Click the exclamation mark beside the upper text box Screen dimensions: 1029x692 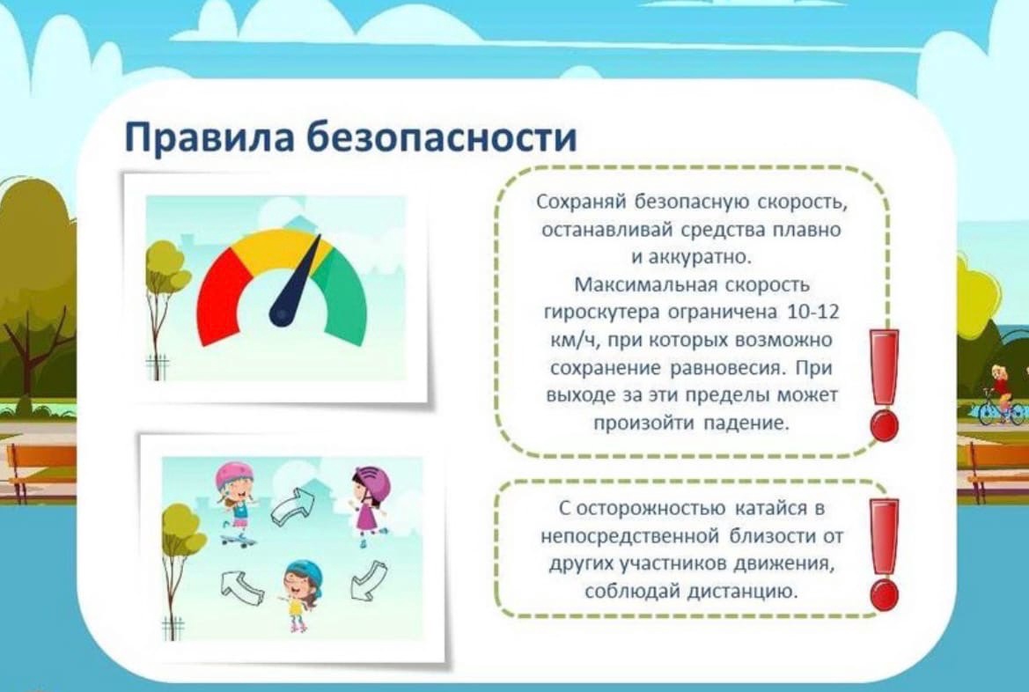(883, 385)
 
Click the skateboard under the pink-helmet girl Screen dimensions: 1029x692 (237, 541)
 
